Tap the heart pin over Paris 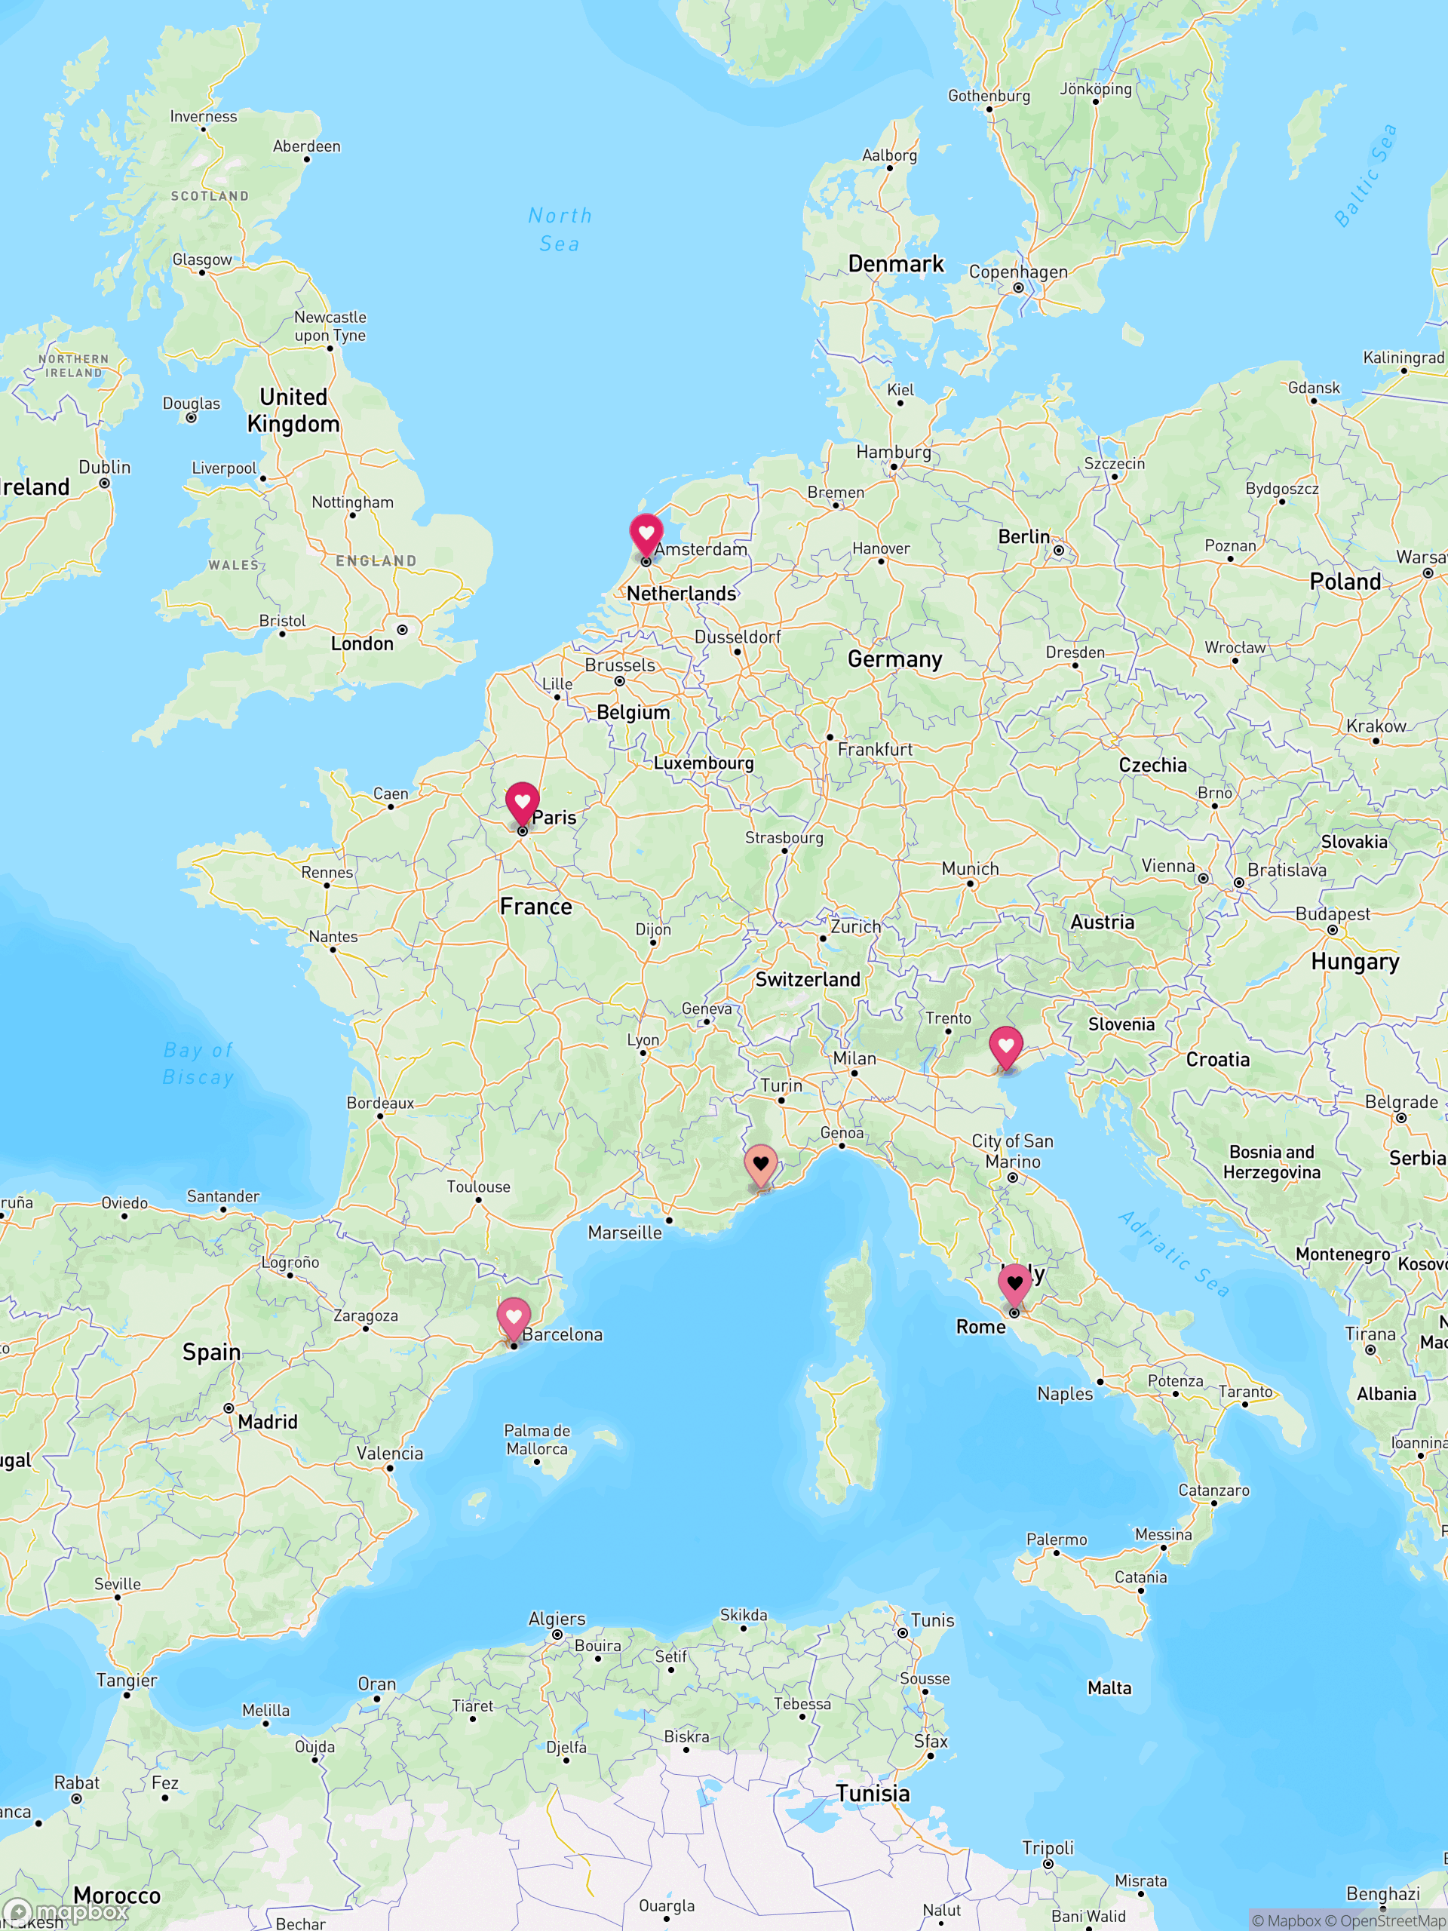coord(522,801)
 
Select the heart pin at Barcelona coord(514,1317)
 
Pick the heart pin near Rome coord(1014,1283)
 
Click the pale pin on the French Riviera coord(760,1164)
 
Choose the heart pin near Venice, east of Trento coord(1005,1045)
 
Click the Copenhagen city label coord(1017,272)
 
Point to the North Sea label coord(560,229)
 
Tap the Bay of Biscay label coord(198,1064)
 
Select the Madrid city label coord(267,1422)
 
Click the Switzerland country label coord(808,980)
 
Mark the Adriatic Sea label coord(1174,1254)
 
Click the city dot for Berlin coord(1059,550)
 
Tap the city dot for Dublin coord(105,483)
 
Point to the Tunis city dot coord(903,1632)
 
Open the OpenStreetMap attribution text coord(1394,1920)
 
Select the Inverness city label coord(204,116)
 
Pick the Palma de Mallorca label coord(537,1439)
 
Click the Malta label coord(1109,1688)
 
